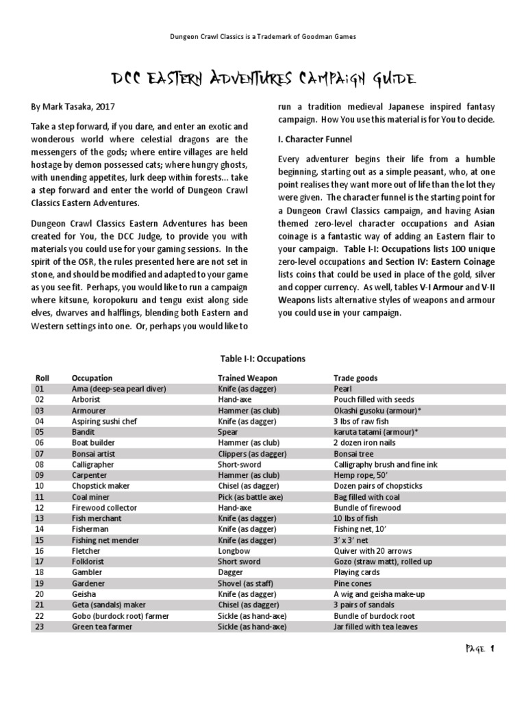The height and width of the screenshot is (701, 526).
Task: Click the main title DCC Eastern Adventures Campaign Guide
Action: [263, 80]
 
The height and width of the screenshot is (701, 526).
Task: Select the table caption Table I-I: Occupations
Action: [263, 358]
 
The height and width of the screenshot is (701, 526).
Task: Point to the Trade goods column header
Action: [355, 378]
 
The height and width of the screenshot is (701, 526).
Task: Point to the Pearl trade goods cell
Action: [342, 388]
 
